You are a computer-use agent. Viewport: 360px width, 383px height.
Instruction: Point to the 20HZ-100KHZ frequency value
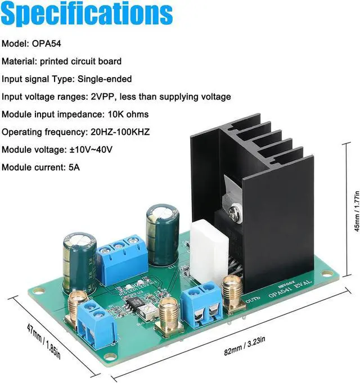tap(119, 132)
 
